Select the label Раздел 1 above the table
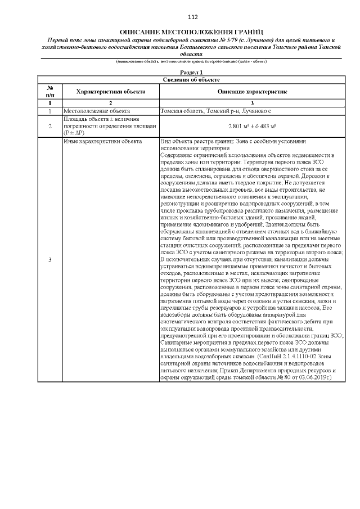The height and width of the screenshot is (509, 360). click(x=191, y=73)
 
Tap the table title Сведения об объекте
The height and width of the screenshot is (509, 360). click(x=191, y=80)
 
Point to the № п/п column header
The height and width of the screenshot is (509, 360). click(x=50, y=91)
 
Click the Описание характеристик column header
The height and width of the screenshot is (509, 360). click(x=252, y=91)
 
